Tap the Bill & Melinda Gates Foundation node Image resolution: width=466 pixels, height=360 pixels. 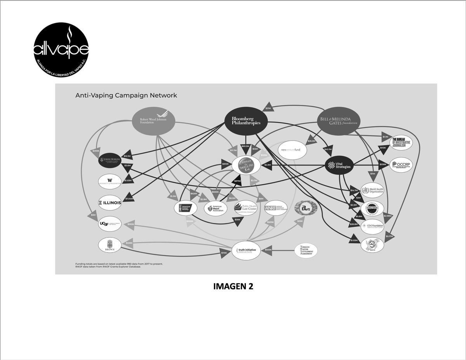point(338,121)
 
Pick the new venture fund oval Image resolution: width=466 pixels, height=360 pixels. point(293,150)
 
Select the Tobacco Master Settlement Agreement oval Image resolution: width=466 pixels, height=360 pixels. point(306,250)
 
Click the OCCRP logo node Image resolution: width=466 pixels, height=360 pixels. point(401,165)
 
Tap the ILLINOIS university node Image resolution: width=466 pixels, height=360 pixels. point(110,202)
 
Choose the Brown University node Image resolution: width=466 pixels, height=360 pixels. point(110,244)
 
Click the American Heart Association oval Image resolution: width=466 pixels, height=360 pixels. point(216,209)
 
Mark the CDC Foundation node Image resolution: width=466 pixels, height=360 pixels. point(372,226)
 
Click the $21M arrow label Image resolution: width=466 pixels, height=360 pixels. point(268,108)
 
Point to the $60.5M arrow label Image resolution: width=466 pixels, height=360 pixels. point(245,146)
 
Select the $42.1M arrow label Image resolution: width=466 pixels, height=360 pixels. point(327,149)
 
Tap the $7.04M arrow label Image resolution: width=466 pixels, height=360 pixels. point(129,199)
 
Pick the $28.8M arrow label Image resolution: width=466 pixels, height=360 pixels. point(354,224)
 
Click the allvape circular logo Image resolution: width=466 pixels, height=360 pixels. point(61,49)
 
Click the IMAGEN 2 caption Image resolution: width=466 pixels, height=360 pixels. point(233,287)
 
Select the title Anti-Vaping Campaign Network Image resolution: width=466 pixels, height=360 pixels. point(126,95)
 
